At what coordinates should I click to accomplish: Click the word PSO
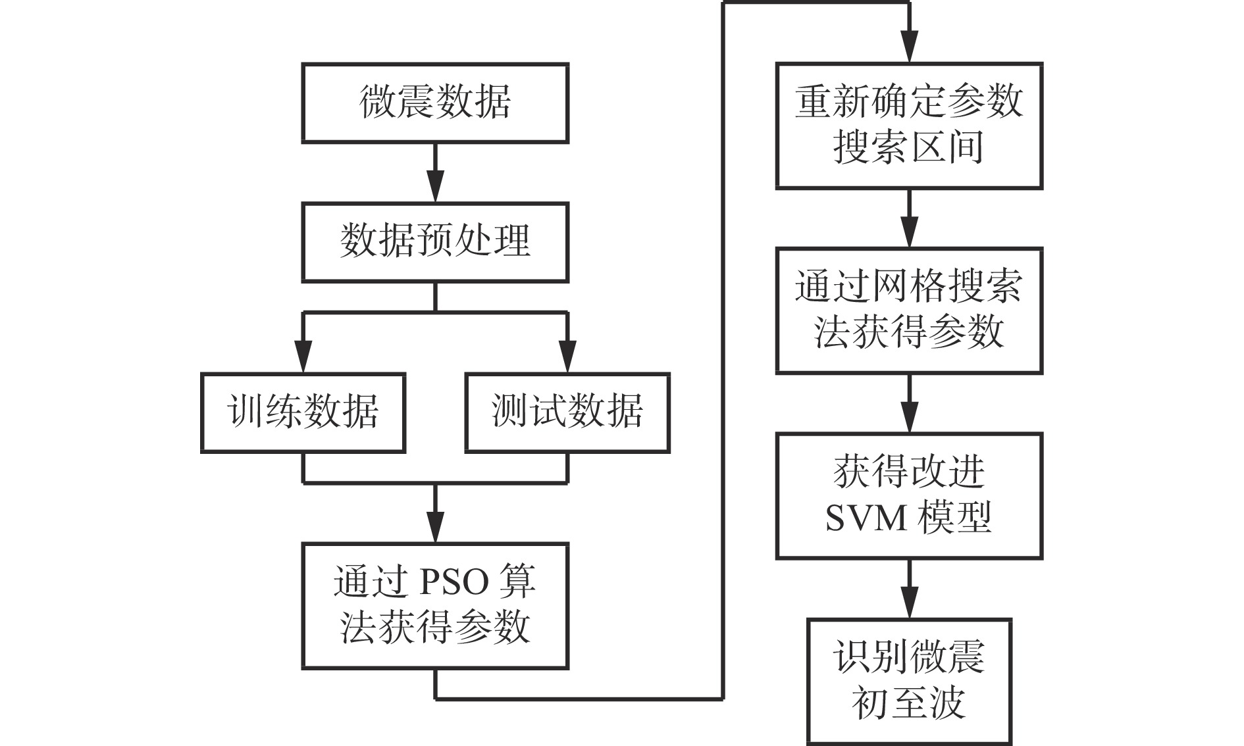click(x=454, y=583)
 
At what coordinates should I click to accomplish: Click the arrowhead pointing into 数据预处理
click(x=435, y=186)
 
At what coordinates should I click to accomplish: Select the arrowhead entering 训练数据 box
click(x=303, y=357)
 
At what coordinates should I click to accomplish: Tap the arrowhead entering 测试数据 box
click(x=567, y=357)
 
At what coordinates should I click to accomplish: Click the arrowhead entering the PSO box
click(x=435, y=526)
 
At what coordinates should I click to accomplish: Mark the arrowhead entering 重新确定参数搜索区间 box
click(x=909, y=47)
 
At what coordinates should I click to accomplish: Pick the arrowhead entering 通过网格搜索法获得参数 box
click(x=909, y=232)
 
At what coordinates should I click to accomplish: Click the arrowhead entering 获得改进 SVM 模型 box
click(x=909, y=416)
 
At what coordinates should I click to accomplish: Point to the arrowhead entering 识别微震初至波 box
click(x=909, y=602)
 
